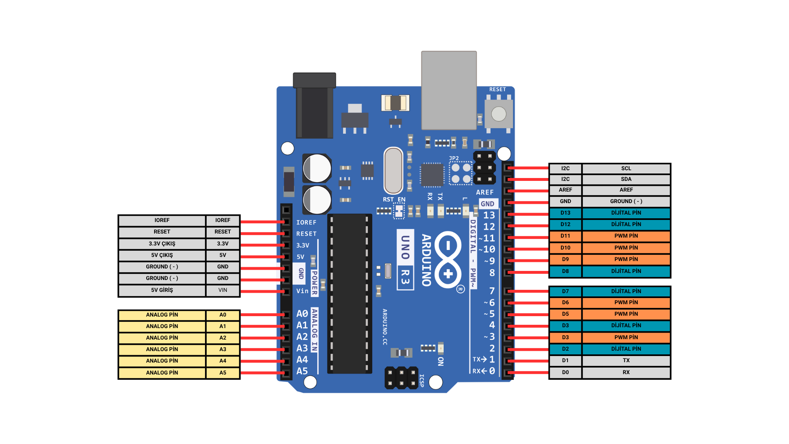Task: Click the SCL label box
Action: coord(626,169)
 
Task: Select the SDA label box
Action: coord(626,179)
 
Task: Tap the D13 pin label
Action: coord(565,213)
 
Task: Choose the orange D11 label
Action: coord(565,236)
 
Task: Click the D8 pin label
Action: coord(565,271)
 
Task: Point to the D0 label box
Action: coord(565,372)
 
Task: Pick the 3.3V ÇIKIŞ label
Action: coord(162,244)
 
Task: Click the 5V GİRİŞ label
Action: coord(162,290)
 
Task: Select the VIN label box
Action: coord(223,290)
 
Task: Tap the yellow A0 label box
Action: coord(223,315)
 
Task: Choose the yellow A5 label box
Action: coord(223,373)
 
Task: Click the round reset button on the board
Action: coord(498,114)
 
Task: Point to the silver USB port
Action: coord(449,90)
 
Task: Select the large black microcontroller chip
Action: coord(349,294)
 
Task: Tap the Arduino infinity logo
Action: coord(448,259)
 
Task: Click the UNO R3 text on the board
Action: coord(405,259)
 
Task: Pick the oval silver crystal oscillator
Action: coord(393,171)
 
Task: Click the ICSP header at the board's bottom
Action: coord(401,378)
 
